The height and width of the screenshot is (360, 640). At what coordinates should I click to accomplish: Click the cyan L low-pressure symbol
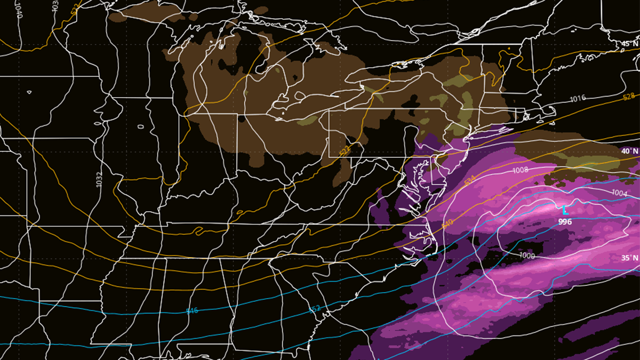tap(565, 210)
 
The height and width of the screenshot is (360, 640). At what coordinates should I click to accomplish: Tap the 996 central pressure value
tap(565, 221)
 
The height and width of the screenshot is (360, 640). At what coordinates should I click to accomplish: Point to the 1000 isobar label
tap(527, 255)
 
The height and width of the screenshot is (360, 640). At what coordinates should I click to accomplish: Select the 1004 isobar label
tap(619, 193)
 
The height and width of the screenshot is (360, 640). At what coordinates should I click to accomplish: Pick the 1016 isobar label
tap(578, 99)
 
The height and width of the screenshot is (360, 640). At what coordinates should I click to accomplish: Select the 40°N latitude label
tap(629, 151)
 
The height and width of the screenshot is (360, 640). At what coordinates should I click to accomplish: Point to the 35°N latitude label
tap(629, 258)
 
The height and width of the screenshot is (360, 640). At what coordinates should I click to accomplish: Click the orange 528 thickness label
tap(629, 97)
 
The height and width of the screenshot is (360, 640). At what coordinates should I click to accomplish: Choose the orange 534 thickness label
tap(469, 182)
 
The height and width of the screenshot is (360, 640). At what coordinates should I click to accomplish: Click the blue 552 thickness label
tap(315, 309)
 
